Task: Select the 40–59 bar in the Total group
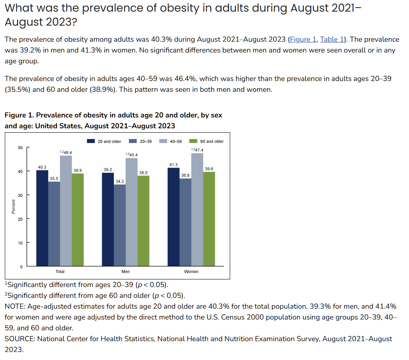66,210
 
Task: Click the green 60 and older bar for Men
144,220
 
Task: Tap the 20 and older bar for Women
173,216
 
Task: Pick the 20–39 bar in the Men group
120,225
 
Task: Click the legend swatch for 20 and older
91,141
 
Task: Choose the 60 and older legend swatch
193,141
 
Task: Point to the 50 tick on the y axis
20,148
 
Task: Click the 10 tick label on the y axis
20,243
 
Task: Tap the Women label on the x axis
191,271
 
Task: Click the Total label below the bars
60,271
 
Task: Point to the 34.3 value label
119,182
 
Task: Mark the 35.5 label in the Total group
54,178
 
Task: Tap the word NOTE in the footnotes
14,306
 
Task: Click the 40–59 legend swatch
163,141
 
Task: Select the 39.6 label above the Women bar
209,169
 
